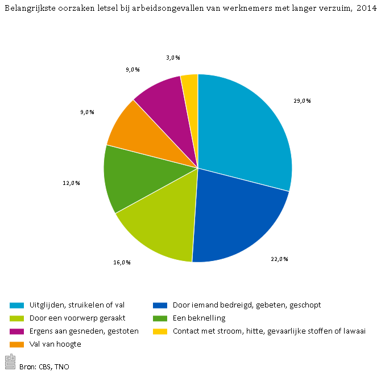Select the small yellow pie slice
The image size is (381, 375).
[x=190, y=85]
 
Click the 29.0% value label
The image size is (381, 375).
[x=303, y=100]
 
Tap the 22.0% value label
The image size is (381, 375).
[x=279, y=259]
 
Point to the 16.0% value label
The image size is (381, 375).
[x=122, y=262]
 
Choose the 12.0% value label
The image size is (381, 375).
[x=71, y=183]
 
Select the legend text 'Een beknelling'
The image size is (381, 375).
[x=199, y=318]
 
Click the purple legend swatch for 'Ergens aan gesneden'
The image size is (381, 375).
[x=17, y=331]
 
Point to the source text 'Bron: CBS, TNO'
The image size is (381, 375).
[x=44, y=366]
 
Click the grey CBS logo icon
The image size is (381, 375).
[x=10, y=361]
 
